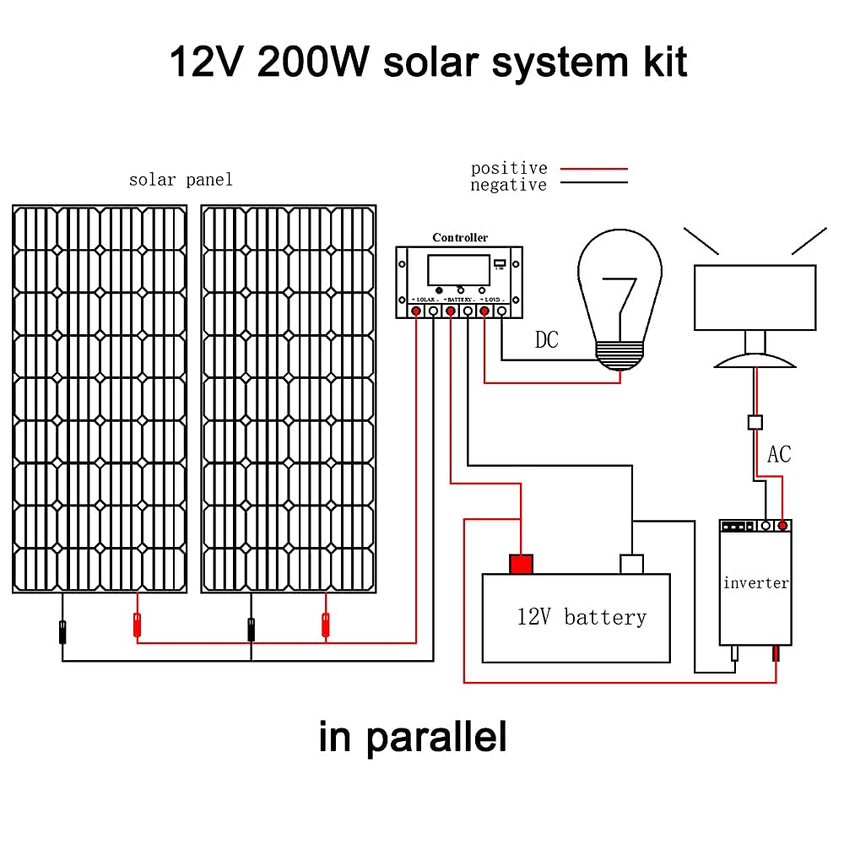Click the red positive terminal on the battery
pyautogui.click(x=521, y=564)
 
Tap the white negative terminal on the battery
pyautogui.click(x=631, y=564)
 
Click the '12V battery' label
pyautogui.click(x=582, y=617)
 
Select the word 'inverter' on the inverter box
pyautogui.click(x=755, y=582)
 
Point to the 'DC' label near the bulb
pyautogui.click(x=547, y=340)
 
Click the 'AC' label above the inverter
pyautogui.click(x=779, y=454)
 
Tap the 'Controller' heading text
pyautogui.click(x=460, y=238)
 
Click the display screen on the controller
pyautogui.click(x=458, y=270)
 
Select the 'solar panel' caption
pyautogui.click(x=181, y=180)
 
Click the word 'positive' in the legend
pyautogui.click(x=509, y=169)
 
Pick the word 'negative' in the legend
pyautogui.click(x=509, y=185)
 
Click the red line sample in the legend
pyautogui.click(x=595, y=169)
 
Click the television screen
pyautogui.click(x=755, y=297)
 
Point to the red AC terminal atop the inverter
pyautogui.click(x=783, y=526)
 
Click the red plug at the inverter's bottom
pyautogui.click(x=776, y=653)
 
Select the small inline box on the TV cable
pyautogui.click(x=756, y=421)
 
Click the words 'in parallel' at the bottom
pyautogui.click(x=413, y=736)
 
